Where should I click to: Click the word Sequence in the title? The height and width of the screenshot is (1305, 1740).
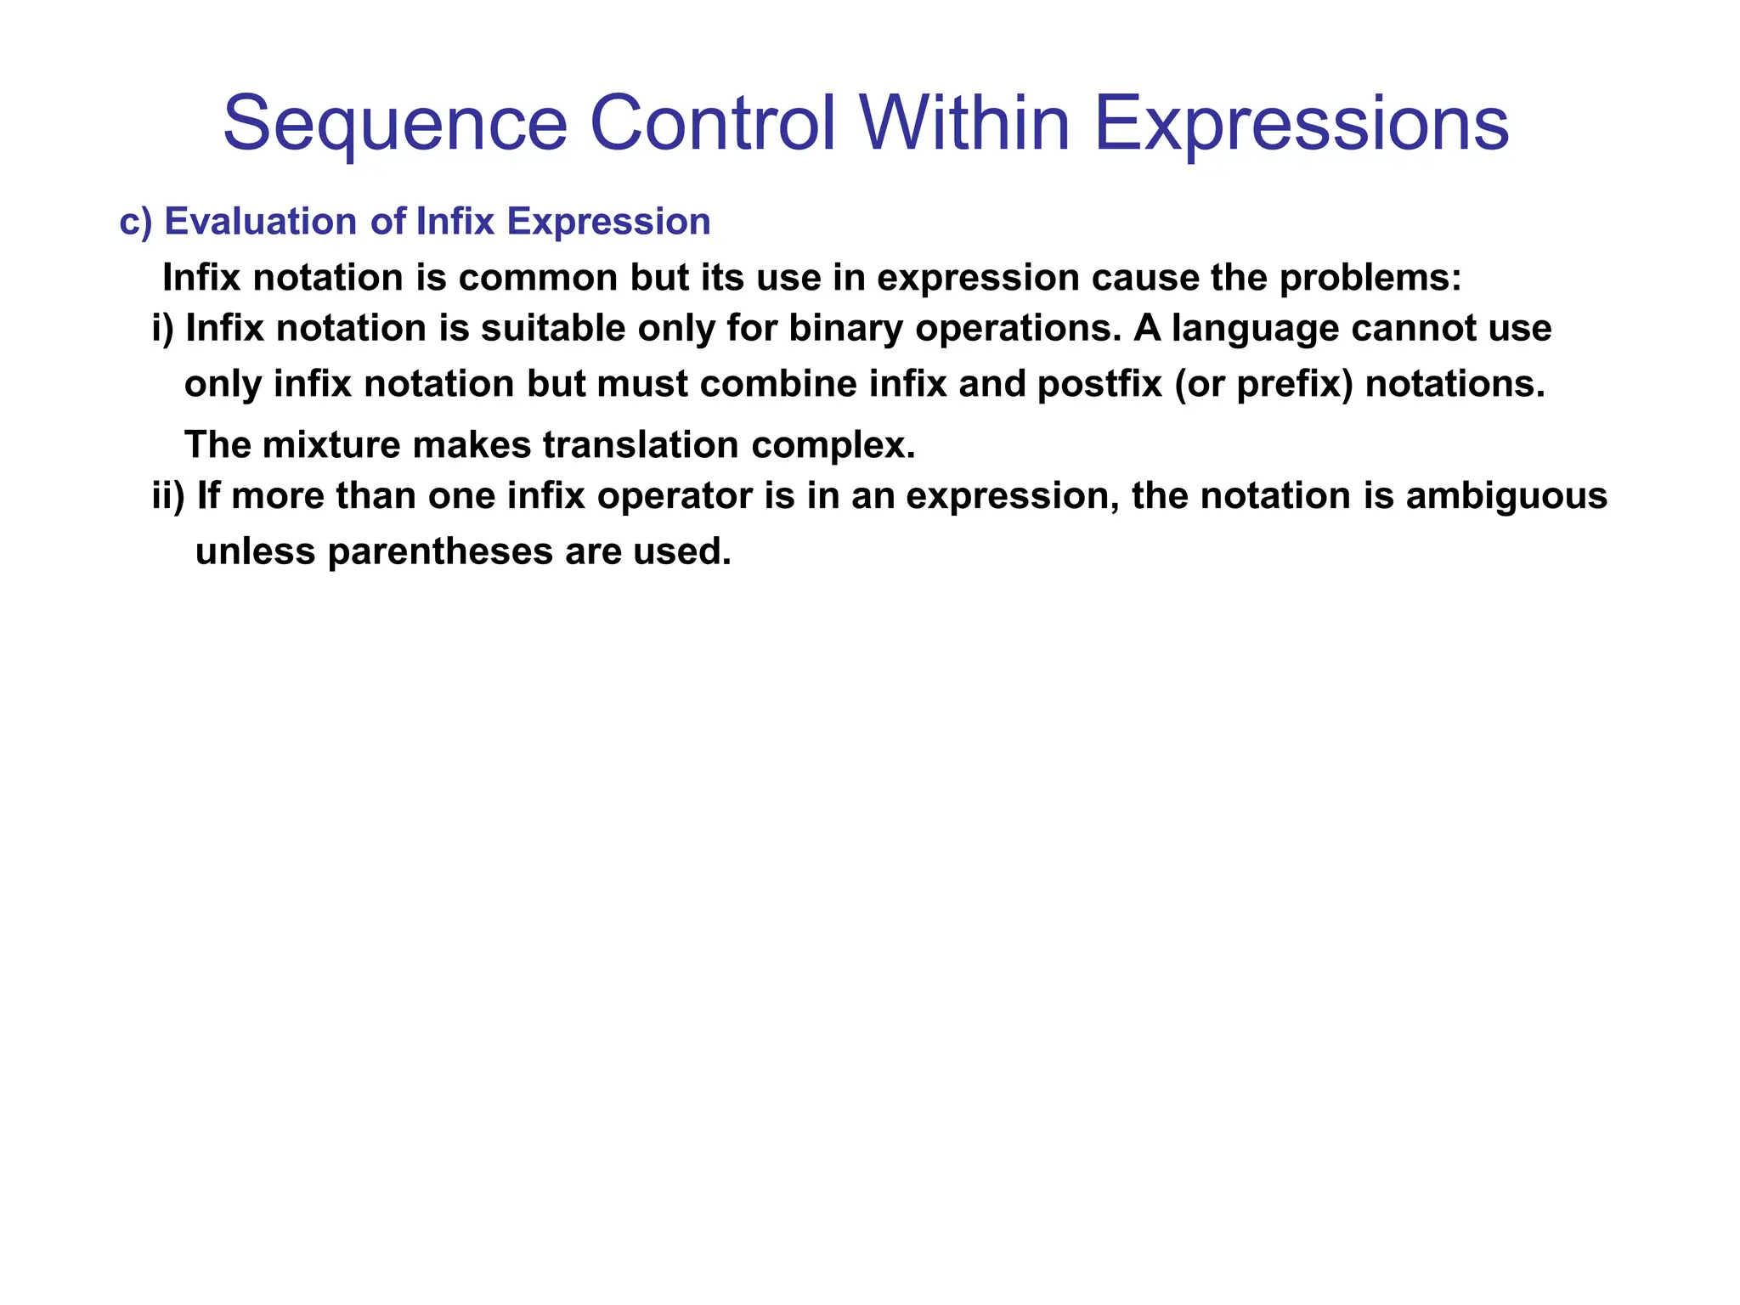click(x=395, y=125)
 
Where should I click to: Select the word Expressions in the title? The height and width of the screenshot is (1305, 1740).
click(x=1301, y=125)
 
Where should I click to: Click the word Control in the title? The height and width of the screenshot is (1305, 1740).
click(x=712, y=125)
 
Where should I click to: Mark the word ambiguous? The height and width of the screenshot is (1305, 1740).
click(x=1506, y=497)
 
